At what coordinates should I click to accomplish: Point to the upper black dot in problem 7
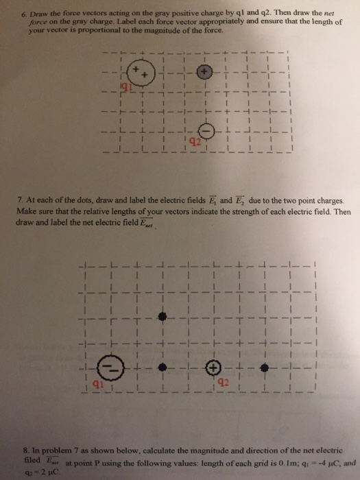162,316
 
